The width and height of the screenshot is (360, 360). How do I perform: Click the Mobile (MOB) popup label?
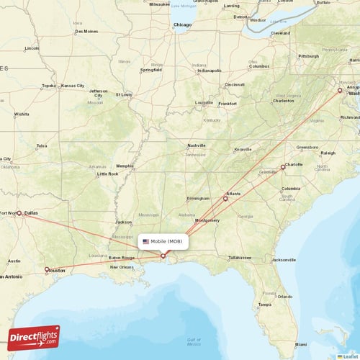pos(165,242)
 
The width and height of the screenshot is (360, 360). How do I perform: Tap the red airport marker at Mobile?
pos(163,256)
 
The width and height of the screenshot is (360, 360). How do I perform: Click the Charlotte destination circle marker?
pos(283,167)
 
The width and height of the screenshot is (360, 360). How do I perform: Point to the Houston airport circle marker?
pos(47,270)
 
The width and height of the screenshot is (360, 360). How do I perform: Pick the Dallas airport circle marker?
pos(19,213)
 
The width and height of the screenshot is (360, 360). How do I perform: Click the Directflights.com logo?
pos(35,337)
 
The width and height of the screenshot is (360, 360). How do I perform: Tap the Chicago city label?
pos(183,25)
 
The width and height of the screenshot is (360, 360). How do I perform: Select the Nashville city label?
pos(197,145)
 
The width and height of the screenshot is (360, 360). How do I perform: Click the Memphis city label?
pos(125,166)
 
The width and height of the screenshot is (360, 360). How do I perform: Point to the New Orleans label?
pos(122,267)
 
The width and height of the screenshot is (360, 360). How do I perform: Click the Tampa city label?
pos(266,305)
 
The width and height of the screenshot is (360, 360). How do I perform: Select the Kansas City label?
pos(73,86)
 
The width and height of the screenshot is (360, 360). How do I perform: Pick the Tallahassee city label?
pos(240,257)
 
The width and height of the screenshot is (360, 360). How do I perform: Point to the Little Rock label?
pos(107,174)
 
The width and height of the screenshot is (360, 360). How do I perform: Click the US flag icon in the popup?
pos(146,242)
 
